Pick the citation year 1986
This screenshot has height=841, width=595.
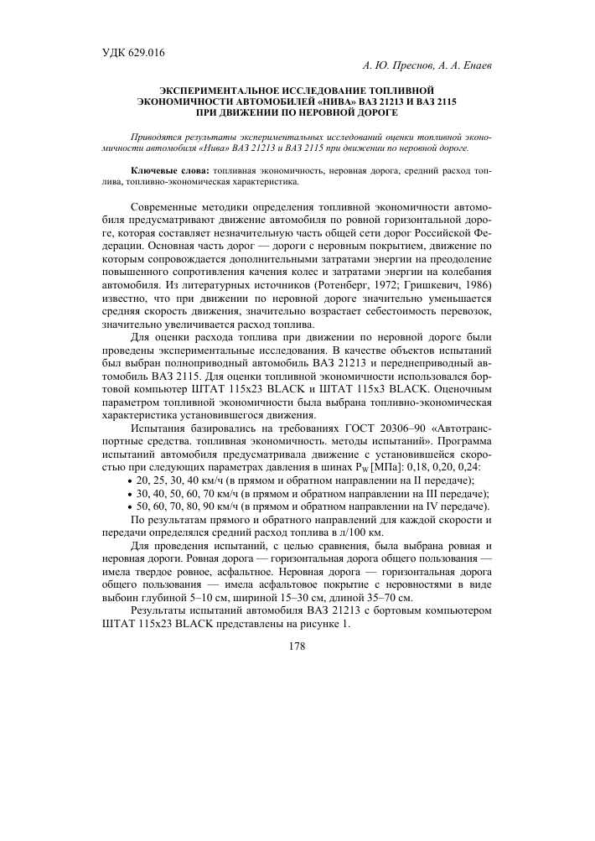click(474, 286)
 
